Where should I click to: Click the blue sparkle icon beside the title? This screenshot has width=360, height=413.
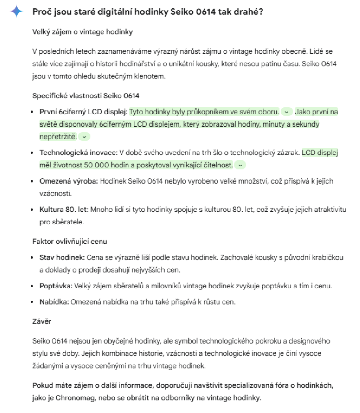pos(17,12)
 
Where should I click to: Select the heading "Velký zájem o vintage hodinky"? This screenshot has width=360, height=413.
pos(82,32)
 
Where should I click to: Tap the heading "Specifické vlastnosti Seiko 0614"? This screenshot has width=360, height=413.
pos(86,96)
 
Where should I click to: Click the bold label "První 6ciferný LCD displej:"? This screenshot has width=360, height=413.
pos(84,112)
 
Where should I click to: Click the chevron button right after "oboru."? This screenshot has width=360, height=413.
pos(287,112)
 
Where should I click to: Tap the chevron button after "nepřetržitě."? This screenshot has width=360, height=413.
pos(84,137)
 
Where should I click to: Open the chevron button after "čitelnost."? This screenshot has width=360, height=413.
pos(240,165)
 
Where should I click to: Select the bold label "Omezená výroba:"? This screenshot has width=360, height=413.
pos(69,181)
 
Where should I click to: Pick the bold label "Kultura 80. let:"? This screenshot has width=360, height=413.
pos(64,210)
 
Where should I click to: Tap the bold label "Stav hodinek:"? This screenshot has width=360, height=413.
pos(62,257)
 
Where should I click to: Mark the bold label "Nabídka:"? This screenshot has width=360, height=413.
pos(54,302)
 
